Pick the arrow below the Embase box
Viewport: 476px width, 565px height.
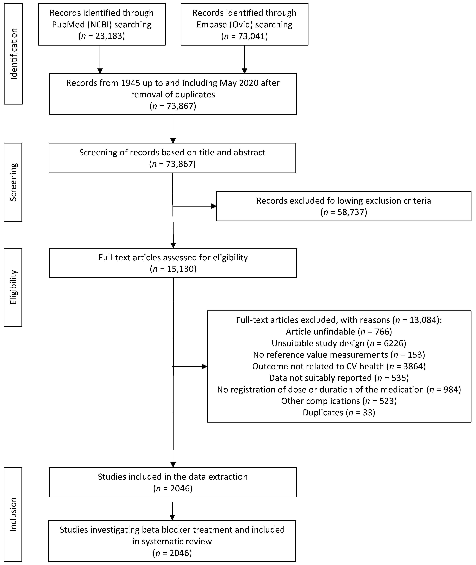[x=244, y=59]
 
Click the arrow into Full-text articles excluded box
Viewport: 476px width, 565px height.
[x=190, y=366]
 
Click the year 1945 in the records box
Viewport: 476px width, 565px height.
[x=131, y=83]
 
